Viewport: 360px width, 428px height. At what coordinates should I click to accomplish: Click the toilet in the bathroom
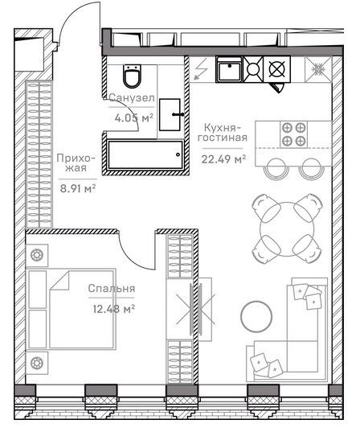132,76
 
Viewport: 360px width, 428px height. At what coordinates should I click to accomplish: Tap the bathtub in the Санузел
145,154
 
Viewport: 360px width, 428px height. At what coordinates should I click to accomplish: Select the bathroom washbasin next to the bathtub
170,114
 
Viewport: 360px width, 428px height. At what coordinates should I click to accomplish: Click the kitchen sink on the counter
229,69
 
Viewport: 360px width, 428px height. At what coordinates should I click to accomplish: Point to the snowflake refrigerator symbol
317,69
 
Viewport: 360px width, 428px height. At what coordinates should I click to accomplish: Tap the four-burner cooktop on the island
294,134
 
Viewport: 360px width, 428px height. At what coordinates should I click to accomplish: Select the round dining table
287,228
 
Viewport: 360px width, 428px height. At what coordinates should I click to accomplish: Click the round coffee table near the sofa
256,316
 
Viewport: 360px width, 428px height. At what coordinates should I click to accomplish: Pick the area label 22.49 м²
223,158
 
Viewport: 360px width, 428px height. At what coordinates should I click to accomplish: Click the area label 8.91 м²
78,188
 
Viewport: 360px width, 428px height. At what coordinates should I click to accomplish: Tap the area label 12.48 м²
114,309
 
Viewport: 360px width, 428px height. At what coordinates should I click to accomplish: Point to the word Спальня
112,289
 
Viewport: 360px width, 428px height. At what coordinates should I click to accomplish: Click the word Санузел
132,97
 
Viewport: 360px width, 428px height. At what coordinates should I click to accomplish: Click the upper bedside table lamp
37,255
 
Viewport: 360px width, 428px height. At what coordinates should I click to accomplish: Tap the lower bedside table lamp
37,363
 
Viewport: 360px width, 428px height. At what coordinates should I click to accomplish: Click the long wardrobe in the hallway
39,154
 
